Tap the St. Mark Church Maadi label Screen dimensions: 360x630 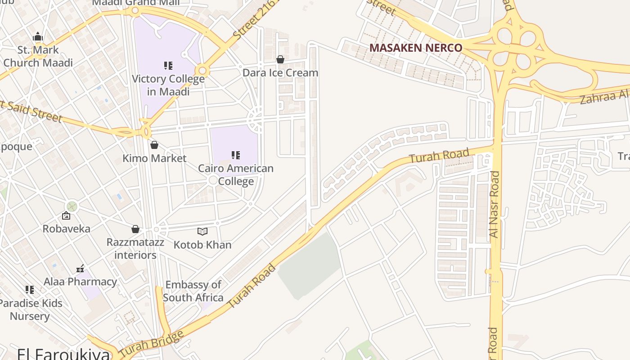coord(38,56)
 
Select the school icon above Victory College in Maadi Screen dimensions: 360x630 coord(168,66)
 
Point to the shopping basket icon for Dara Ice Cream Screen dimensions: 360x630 coord(280,59)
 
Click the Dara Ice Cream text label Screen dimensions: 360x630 coord(280,72)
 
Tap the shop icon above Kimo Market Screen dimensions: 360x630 coord(154,145)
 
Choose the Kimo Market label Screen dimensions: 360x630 coord(154,158)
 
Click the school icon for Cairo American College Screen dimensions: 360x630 coord(236,155)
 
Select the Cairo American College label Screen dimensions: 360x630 coord(236,175)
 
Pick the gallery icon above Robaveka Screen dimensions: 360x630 coord(66,216)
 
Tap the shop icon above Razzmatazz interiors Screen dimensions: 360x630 coord(135,229)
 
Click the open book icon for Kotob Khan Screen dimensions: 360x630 coord(202,232)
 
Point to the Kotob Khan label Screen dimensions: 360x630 coord(202,245)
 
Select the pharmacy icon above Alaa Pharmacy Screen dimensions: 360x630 coord(80,269)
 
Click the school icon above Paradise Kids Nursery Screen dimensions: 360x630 coord(30,290)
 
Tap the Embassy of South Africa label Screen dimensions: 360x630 coord(193,291)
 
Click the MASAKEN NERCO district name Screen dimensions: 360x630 coord(415,48)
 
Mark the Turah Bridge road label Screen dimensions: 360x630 coord(152,343)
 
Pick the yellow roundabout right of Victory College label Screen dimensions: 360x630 coord(202,71)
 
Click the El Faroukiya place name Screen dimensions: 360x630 coord(63,353)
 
